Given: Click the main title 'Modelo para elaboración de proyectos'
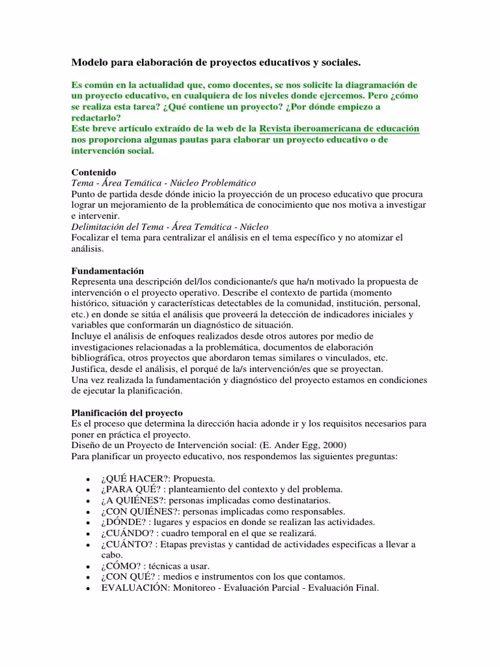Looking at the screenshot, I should pyautogui.click(x=215, y=63).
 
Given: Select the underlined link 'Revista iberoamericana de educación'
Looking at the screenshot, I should pyautogui.click(x=339, y=128).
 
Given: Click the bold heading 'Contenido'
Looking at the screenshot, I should pyautogui.click(x=93, y=172).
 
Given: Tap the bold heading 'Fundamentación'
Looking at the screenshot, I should pyautogui.click(x=107, y=270).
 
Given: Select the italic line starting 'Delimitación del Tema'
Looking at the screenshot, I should pyautogui.click(x=169, y=227).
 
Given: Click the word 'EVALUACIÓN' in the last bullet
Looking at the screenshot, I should pyautogui.click(x=133, y=588).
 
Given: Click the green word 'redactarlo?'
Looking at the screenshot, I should pyautogui.click(x=95, y=117).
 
